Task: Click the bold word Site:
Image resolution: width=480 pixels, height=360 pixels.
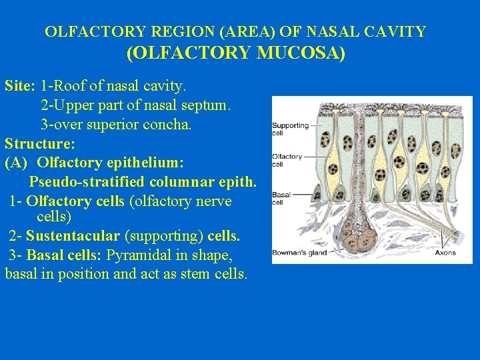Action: pyautogui.click(x=20, y=86)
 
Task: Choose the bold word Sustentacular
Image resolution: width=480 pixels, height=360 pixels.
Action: pyautogui.click(x=73, y=235)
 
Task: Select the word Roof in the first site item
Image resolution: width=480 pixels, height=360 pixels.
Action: pyautogui.click(x=68, y=86)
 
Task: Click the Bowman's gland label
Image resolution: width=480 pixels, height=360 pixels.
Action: pyautogui.click(x=299, y=253)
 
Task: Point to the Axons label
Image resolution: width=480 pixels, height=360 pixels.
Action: pyautogui.click(x=445, y=253)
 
